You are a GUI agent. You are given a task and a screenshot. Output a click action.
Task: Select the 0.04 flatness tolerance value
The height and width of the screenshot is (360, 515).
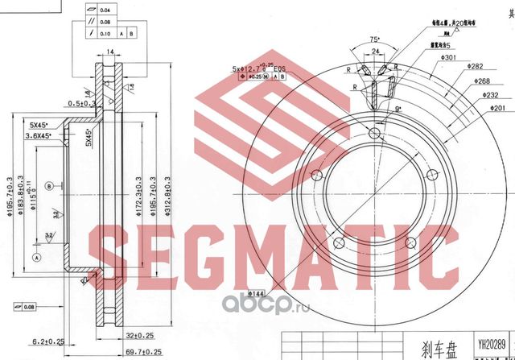tap(106, 10)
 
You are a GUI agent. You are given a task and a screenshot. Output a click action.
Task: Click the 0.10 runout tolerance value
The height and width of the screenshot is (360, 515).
tap(106, 35)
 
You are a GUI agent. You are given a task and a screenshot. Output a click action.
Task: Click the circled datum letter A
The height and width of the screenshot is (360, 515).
tap(36, 256)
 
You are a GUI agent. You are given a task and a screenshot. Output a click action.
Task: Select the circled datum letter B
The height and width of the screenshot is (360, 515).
tap(50, 186)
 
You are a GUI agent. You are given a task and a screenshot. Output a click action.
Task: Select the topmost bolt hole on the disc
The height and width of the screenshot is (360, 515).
tap(375, 133)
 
